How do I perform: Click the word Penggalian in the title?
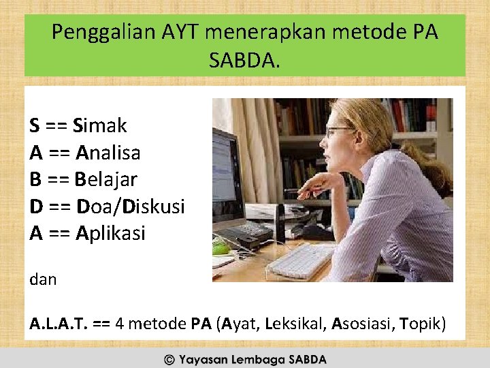click(x=99, y=32)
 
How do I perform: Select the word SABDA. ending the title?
click(x=244, y=62)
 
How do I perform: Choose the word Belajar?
click(x=106, y=180)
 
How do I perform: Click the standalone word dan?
click(x=43, y=279)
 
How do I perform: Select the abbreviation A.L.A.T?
click(x=57, y=323)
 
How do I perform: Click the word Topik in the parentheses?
click(x=422, y=323)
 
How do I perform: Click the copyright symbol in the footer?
click(x=169, y=359)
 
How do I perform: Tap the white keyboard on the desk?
click(x=300, y=261)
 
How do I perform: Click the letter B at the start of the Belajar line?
click(x=35, y=180)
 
